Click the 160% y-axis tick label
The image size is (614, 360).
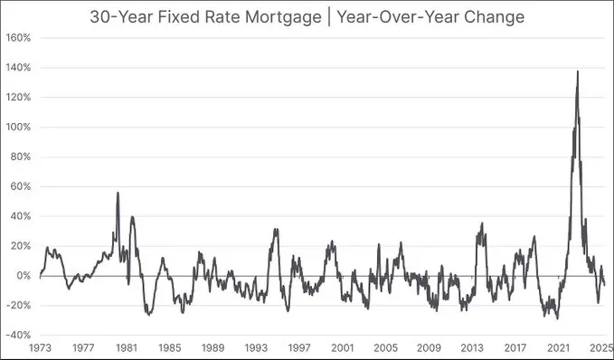[x=19, y=38]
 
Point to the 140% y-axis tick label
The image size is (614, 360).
[x=19, y=68]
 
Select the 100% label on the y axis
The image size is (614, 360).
[x=19, y=128]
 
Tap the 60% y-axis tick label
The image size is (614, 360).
[x=21, y=186]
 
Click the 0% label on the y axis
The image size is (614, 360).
[x=24, y=275]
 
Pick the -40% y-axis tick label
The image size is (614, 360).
[x=18, y=335]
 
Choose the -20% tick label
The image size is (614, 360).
[x=18, y=305]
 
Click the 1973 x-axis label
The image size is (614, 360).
[x=41, y=347]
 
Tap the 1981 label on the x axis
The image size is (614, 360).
[x=127, y=347]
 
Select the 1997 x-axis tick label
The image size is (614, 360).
[x=299, y=347]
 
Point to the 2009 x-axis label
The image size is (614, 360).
[x=429, y=347]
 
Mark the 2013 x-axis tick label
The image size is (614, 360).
[x=472, y=347]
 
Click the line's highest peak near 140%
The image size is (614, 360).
[x=578, y=71]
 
